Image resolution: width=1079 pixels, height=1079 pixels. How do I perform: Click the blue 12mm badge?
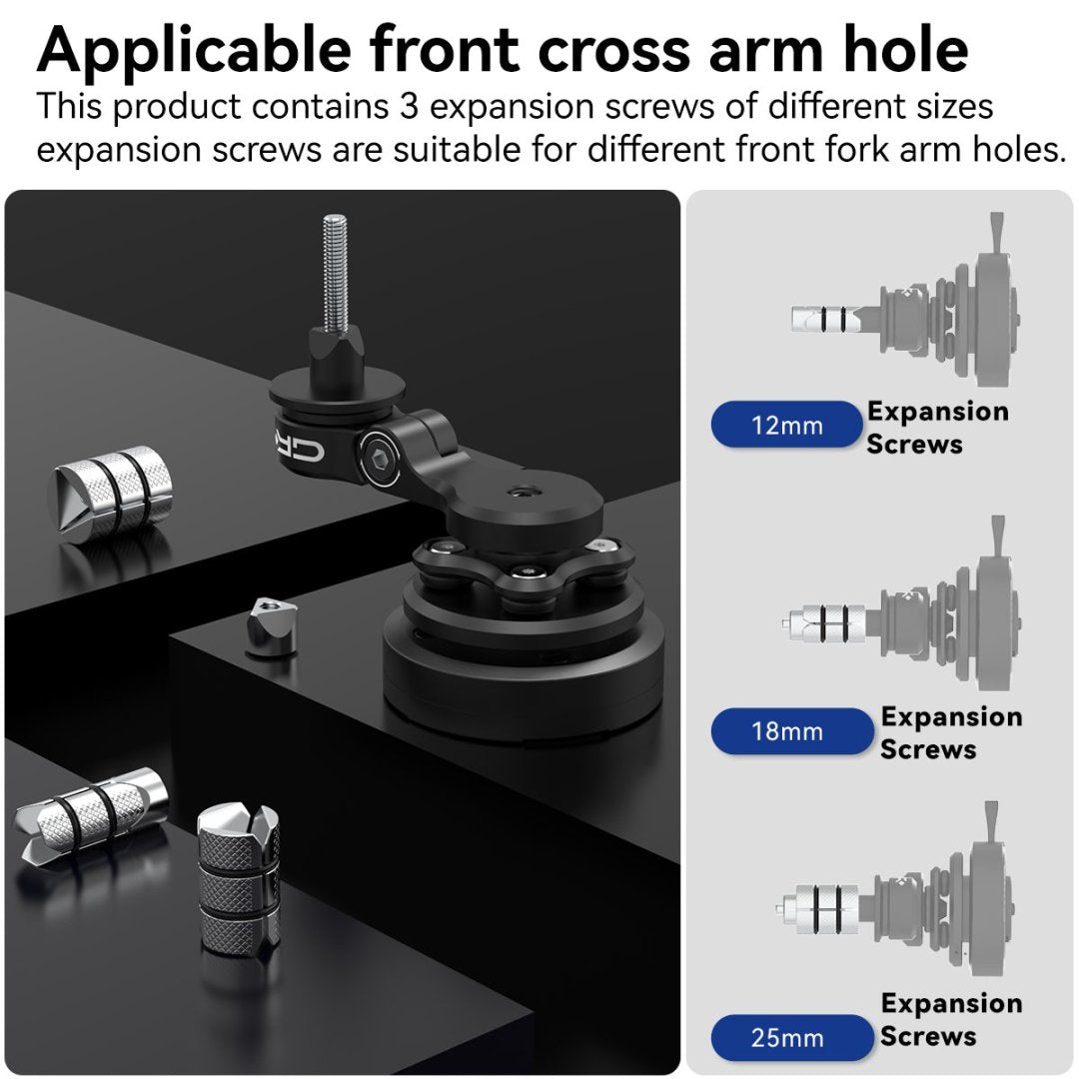click(x=786, y=426)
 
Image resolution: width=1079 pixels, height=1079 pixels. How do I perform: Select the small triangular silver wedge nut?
click(x=269, y=627)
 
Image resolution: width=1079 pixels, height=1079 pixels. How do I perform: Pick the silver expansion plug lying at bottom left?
click(x=90, y=810)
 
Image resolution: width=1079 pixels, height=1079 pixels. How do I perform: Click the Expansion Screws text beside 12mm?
click(x=937, y=428)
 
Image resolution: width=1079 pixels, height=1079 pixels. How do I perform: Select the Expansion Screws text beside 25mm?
click(x=950, y=1019)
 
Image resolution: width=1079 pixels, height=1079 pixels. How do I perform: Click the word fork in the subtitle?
click(x=825, y=150)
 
